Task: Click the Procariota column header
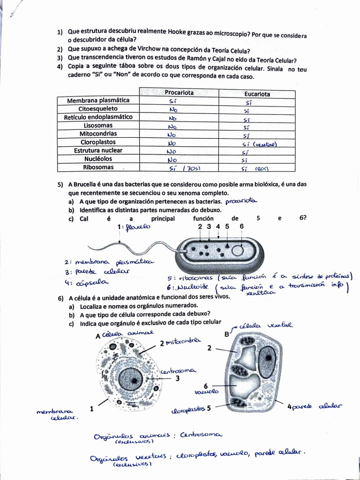[x=179, y=93]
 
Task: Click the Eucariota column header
[x=257, y=94]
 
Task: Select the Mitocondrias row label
[x=98, y=134]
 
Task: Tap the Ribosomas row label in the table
[x=98, y=167]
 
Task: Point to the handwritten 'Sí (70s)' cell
[x=184, y=168]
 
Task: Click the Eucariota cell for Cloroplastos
[x=259, y=144]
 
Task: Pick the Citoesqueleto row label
[x=98, y=109]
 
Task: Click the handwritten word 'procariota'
[x=241, y=201]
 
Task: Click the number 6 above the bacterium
[x=241, y=226]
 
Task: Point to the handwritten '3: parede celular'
[x=97, y=272]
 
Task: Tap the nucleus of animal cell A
[x=130, y=379]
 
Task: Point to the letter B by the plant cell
[x=227, y=334]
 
